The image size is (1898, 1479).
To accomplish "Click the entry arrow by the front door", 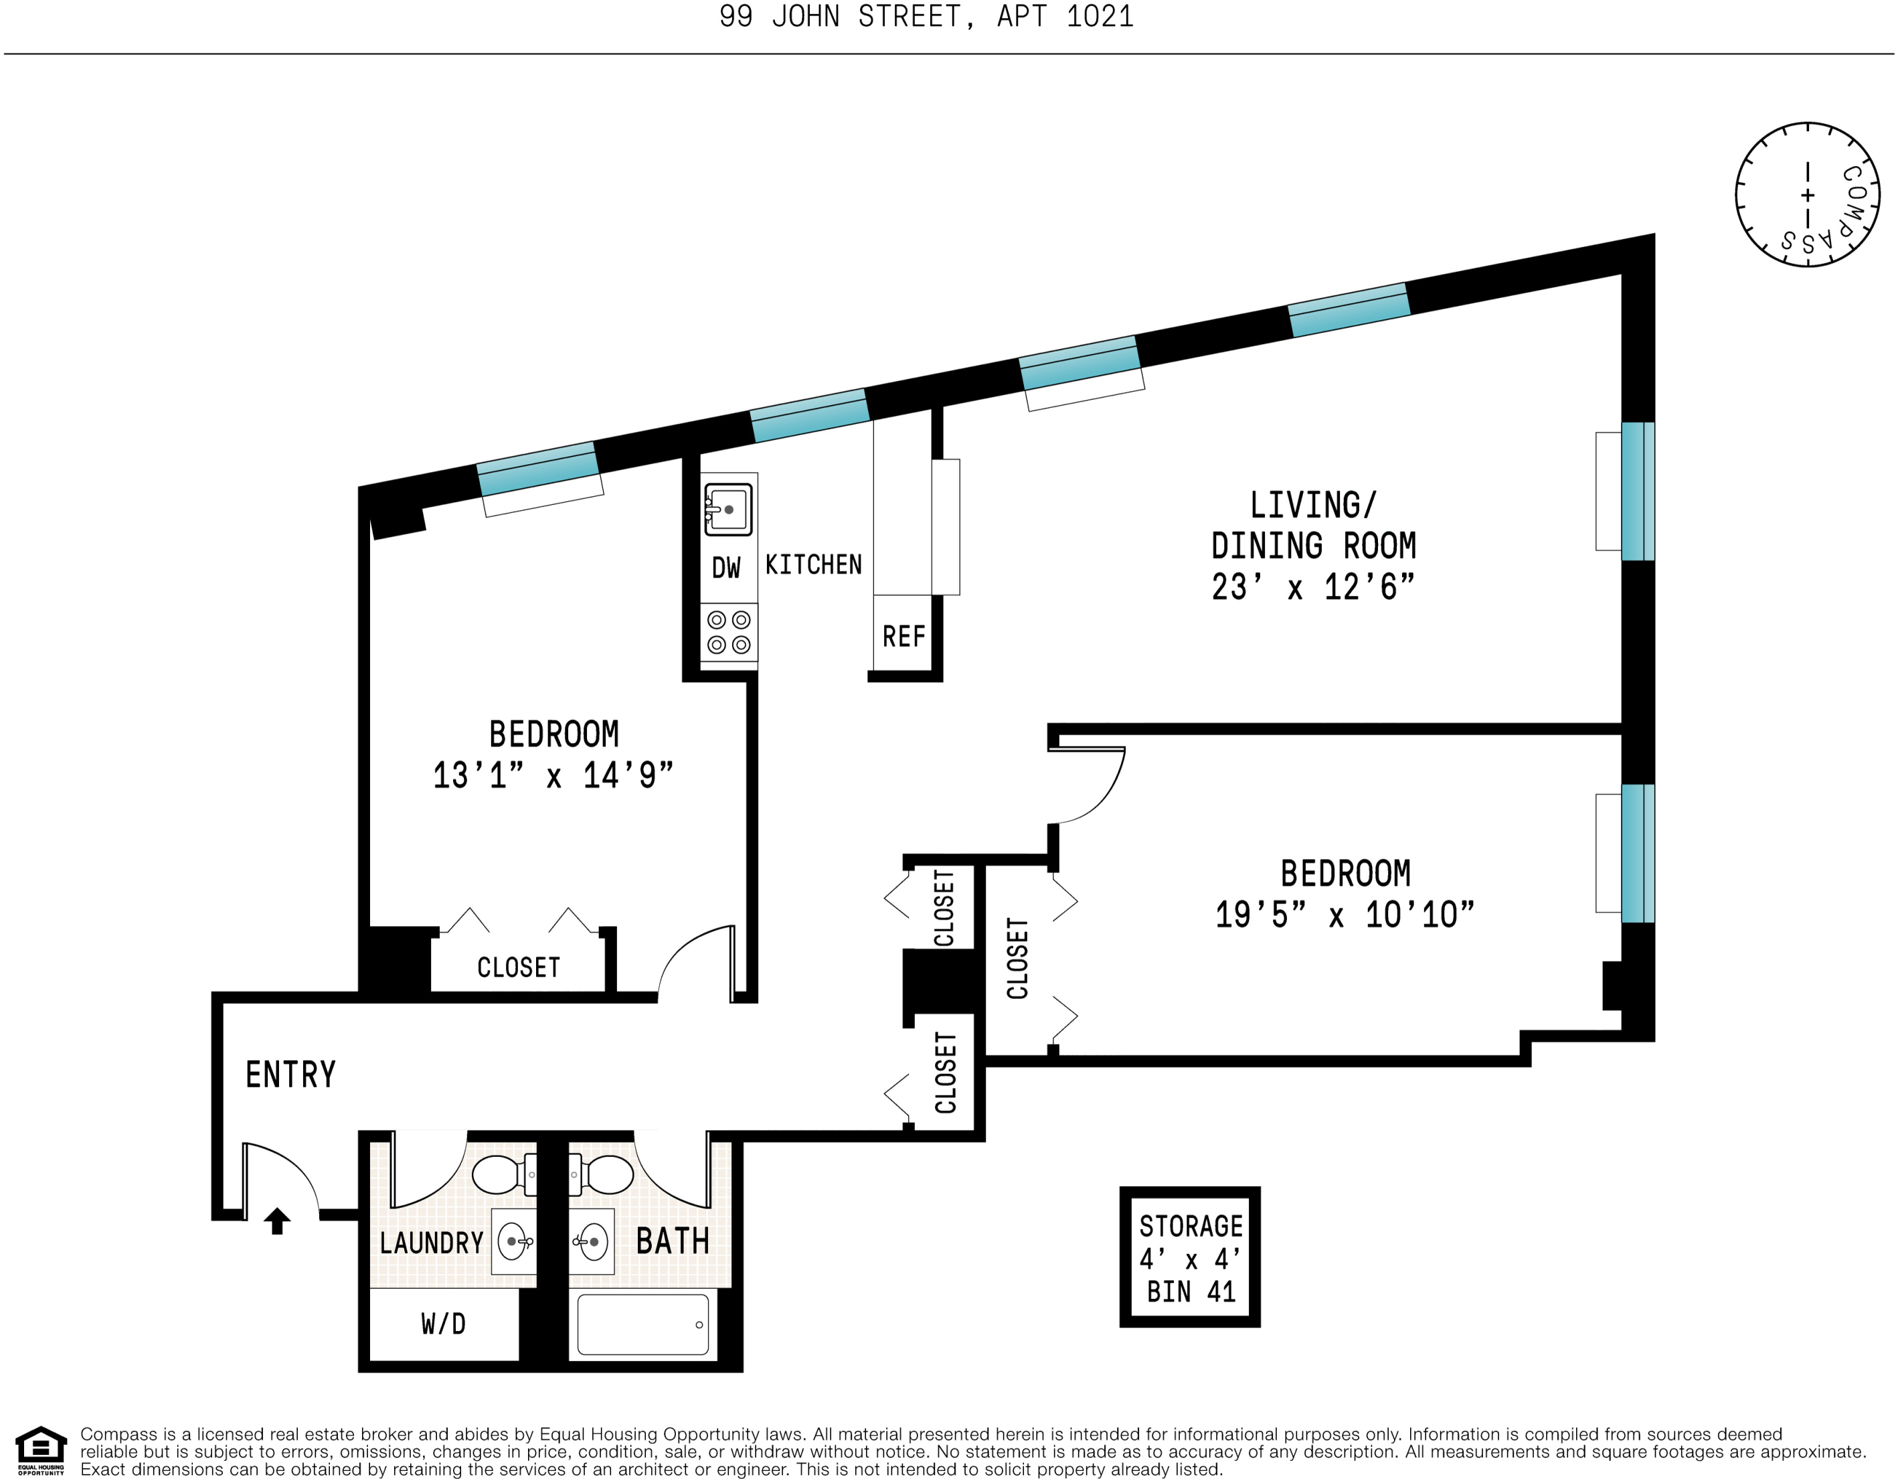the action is [277, 1221].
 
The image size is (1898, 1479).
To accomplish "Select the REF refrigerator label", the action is [903, 637].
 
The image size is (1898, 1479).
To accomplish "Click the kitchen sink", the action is [728, 509].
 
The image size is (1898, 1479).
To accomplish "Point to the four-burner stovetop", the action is [729, 632].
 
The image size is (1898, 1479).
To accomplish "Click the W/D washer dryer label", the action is [443, 1324].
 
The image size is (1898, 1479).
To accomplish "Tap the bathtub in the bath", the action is [643, 1324].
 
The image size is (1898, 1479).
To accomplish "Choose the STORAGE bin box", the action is [1190, 1257].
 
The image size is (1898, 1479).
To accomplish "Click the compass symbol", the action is [1808, 195].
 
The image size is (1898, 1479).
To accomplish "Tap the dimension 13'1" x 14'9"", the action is [553, 775].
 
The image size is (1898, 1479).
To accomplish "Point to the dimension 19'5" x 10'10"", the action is [1345, 915].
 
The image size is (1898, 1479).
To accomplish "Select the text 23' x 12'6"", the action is [1313, 587].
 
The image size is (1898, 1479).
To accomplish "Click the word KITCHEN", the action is [813, 565].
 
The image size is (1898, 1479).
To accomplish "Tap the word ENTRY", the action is [290, 1075].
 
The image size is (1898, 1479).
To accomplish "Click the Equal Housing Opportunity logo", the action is [41, 1450].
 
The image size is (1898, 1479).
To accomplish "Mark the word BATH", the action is [673, 1241].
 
